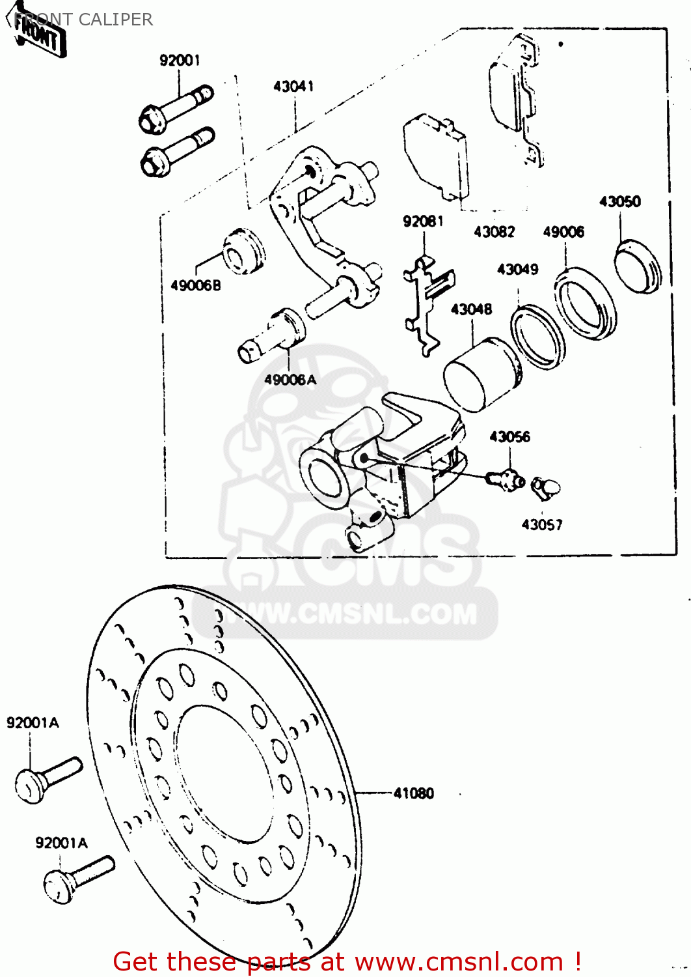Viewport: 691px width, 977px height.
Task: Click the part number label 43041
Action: point(293,86)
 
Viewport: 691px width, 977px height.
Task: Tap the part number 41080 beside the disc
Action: point(413,793)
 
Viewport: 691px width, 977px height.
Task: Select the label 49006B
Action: point(195,285)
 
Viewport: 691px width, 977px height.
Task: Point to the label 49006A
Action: point(290,379)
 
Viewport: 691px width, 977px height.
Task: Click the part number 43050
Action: point(619,201)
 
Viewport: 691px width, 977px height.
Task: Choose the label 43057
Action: point(541,524)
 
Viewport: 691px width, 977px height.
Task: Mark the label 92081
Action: point(423,221)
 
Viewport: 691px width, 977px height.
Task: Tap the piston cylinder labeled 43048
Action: point(481,375)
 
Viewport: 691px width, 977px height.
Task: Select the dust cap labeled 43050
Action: point(638,265)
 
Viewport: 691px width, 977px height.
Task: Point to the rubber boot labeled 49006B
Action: point(244,251)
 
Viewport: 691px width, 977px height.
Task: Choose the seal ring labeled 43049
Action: point(537,336)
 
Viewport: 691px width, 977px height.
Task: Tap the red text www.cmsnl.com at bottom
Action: point(459,961)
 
